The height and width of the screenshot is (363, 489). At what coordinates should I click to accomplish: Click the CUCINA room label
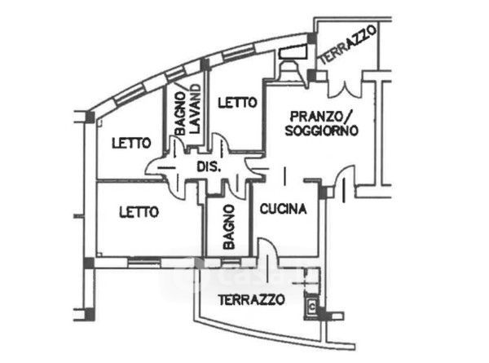click(283, 209)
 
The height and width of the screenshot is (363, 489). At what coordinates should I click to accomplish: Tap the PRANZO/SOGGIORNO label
click(321, 123)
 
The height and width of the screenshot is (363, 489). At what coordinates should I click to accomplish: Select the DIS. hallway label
click(209, 167)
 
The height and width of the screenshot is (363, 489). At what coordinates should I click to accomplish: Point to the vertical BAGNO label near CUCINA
click(229, 227)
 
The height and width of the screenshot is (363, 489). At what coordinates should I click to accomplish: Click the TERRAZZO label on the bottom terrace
click(251, 300)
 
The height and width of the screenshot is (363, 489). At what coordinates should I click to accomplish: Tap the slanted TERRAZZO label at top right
click(348, 45)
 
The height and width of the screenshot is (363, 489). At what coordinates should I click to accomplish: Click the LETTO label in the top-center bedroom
click(237, 103)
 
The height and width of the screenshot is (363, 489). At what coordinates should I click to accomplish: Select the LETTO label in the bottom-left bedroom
click(139, 213)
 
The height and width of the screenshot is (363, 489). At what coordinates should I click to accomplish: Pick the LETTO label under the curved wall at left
click(131, 143)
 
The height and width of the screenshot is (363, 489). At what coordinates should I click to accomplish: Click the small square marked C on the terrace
click(311, 307)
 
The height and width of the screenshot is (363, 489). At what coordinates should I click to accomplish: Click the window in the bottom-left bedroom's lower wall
click(144, 263)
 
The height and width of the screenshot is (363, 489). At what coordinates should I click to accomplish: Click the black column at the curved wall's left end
click(90, 117)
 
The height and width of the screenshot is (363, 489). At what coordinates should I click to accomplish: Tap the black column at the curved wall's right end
click(311, 38)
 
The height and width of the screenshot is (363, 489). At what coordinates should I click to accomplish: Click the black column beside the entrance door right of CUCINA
click(323, 192)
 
